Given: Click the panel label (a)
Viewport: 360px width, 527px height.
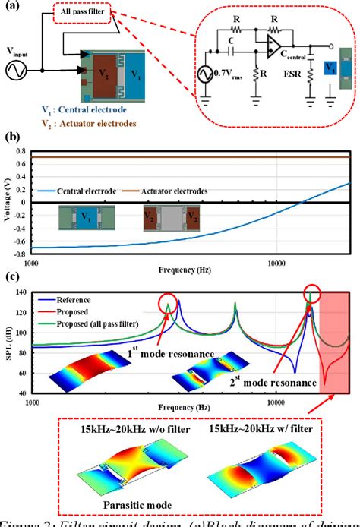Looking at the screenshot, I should point(13,8).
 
